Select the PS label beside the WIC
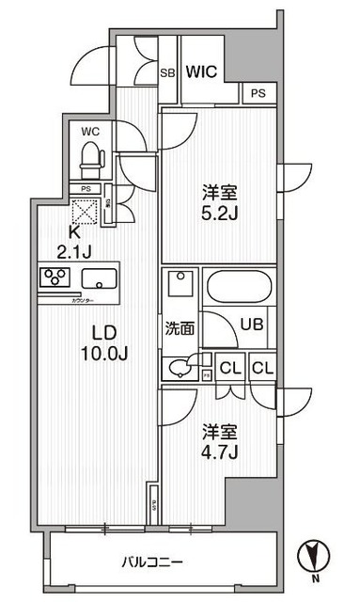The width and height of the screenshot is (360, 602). tap(258, 93)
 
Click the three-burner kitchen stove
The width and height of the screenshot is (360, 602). tap(55, 277)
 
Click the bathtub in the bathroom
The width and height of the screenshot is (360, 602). tap(238, 285)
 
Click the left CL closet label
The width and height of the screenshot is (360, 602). tap(227, 368)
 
